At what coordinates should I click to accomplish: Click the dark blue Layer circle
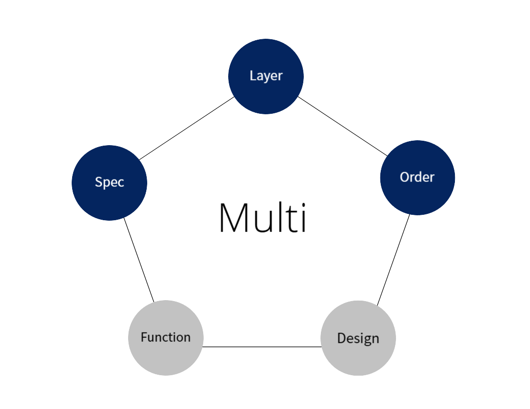265,77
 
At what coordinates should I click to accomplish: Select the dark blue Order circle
418,178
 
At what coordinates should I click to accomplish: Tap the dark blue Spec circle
109,183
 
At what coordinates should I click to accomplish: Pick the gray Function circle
166,338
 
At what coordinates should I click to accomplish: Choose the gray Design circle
358,338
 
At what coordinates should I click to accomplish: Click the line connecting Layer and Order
343,127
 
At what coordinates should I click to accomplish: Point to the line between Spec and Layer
186,128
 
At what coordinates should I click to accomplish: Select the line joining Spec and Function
139,260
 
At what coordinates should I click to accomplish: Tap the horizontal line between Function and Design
262,347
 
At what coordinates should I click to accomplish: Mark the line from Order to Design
394,260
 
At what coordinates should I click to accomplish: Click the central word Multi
263,217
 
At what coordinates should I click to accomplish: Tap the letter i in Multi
303,217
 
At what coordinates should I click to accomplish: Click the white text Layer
266,76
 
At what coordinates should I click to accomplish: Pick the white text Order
417,177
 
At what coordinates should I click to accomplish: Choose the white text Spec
109,182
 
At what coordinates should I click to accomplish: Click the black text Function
166,337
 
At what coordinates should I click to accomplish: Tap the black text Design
358,338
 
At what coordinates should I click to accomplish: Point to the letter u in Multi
263,222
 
